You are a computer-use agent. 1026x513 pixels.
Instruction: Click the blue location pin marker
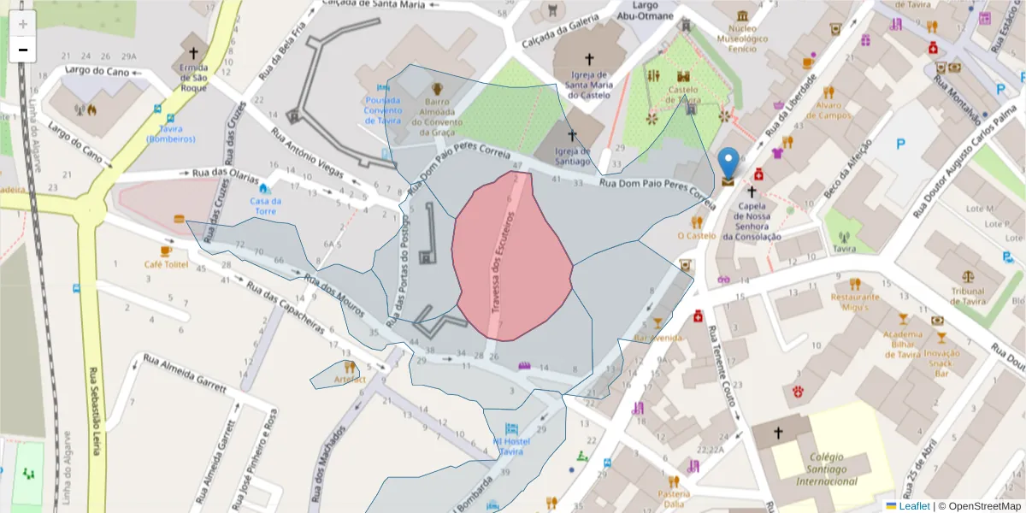point(728,164)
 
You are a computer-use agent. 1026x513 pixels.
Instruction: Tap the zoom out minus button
point(23,50)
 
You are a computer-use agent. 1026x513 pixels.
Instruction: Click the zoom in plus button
point(23,23)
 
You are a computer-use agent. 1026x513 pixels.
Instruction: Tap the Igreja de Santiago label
point(572,156)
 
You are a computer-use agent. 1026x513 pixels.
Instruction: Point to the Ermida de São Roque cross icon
point(193,52)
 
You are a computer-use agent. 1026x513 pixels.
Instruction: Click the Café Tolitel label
point(166,265)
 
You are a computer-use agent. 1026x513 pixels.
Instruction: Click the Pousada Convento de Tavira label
point(382,110)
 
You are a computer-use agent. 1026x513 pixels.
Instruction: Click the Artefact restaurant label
point(350,379)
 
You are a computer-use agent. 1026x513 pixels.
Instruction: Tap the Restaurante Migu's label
point(854,302)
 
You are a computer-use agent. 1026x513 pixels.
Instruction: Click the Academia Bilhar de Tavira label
point(902,344)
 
